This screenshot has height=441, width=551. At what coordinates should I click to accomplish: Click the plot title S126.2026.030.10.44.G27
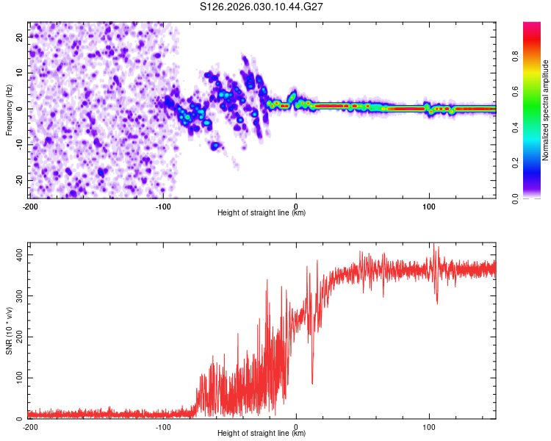coord(262,7)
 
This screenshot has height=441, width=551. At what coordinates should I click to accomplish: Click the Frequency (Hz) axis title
coord(9,110)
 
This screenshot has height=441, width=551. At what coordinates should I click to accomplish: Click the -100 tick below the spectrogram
coord(163,206)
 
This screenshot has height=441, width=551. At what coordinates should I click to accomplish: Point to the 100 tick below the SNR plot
coord(429,426)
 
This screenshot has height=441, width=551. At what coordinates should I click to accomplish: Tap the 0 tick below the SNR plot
coord(296,426)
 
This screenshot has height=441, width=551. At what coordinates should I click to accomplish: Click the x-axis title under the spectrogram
coord(262,213)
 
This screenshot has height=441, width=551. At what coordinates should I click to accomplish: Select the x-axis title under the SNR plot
coord(262,434)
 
